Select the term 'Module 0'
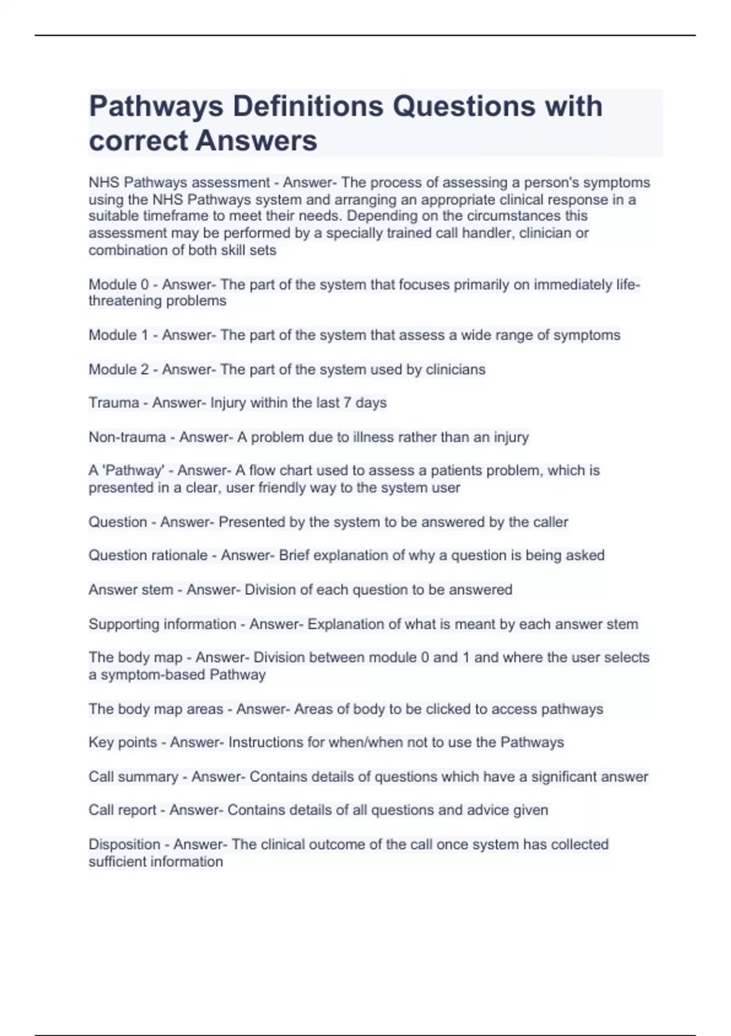click(119, 285)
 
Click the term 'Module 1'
click(119, 335)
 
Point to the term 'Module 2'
click(119, 369)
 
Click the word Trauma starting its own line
click(114, 403)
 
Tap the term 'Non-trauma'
click(127, 437)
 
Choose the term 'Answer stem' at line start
click(131, 590)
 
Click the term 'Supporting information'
click(162, 624)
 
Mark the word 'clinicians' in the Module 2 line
click(455, 369)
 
